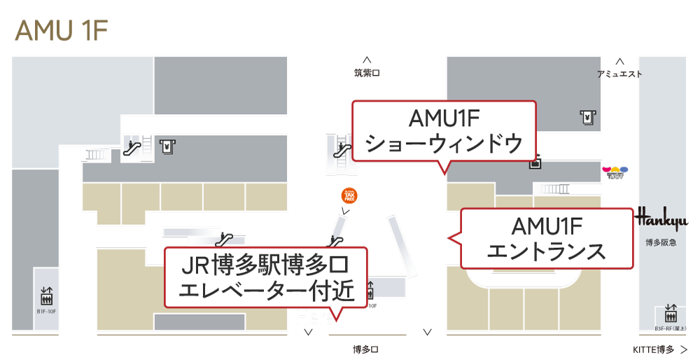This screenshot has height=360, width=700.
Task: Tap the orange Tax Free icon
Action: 349,195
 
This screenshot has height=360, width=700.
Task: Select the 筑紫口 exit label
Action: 367,73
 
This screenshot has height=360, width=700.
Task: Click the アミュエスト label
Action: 619,74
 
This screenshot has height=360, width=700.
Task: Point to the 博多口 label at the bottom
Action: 366,349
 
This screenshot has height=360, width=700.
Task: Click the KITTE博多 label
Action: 653,349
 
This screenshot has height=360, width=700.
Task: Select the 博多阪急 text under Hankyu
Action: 661,242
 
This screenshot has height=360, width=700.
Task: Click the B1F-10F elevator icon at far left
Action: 47,296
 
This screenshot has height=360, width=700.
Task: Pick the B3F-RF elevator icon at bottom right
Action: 671,312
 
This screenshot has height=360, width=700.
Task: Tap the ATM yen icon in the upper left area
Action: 167,146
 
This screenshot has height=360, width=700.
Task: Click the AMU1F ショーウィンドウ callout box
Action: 444,131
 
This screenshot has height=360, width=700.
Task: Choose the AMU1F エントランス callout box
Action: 547,238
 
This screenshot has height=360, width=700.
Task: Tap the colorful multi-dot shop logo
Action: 615,171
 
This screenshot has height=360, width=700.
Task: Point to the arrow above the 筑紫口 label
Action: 367,60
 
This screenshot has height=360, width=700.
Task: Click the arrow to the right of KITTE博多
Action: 684,349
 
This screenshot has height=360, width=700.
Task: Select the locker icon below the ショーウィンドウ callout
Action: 535,163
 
